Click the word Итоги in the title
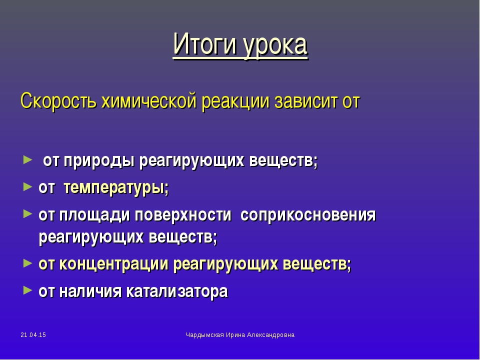[x=205, y=44]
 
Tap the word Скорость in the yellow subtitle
[x=58, y=100]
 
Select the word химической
[x=148, y=100]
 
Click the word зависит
[x=306, y=100]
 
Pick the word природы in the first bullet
[x=99, y=160]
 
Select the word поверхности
[x=183, y=215]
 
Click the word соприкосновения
[x=308, y=215]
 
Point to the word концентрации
[x=113, y=264]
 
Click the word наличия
[x=90, y=291]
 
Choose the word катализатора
[x=177, y=291]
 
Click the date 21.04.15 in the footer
[x=33, y=335]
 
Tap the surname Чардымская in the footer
[x=204, y=335]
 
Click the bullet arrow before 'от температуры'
[x=27, y=186]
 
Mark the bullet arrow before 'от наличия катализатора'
[x=27, y=290]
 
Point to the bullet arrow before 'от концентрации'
[x=27, y=263]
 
